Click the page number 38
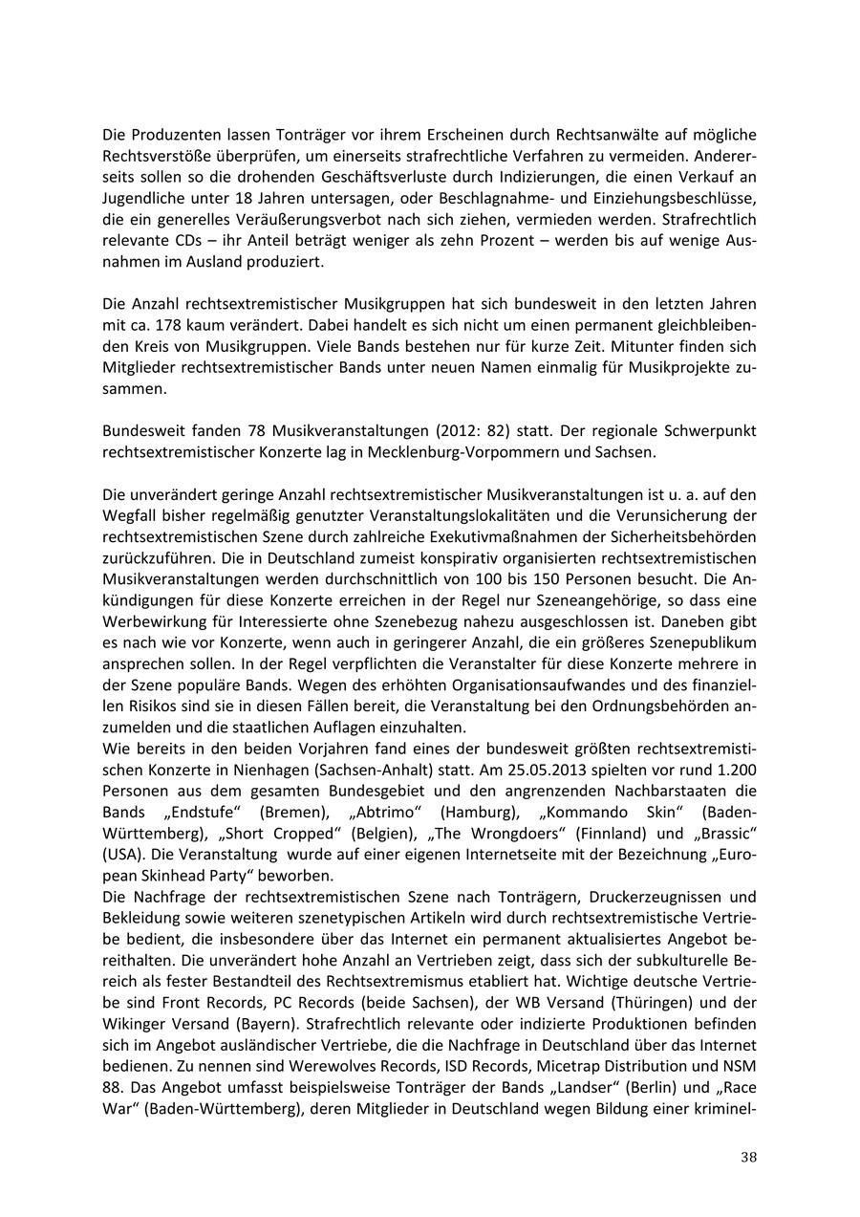pyautogui.click(x=748, y=1158)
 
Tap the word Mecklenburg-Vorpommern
pyautogui.click(x=505, y=451)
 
